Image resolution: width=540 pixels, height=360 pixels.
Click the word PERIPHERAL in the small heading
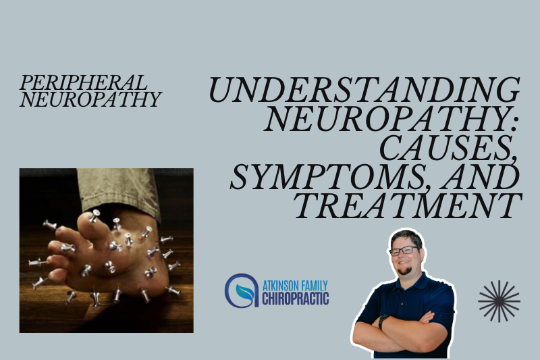83,82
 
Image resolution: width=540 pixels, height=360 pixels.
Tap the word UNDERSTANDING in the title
364,90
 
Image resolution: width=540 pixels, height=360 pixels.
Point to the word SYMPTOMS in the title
330,177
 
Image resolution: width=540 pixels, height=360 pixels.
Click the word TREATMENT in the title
408,206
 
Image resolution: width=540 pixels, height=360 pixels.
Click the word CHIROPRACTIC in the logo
296,298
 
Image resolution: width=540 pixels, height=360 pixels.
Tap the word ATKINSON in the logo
279,286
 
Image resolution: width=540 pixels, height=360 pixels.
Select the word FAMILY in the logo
313,286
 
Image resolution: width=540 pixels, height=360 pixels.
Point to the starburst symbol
499,301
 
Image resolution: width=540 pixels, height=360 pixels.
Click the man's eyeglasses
404,250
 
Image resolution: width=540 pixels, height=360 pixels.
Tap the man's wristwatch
381,321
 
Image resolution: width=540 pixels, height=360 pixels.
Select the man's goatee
404,270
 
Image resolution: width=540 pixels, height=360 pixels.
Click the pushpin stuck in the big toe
94,215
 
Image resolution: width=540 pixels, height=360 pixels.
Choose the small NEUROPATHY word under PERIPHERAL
90,99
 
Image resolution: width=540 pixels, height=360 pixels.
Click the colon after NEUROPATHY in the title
514,123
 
